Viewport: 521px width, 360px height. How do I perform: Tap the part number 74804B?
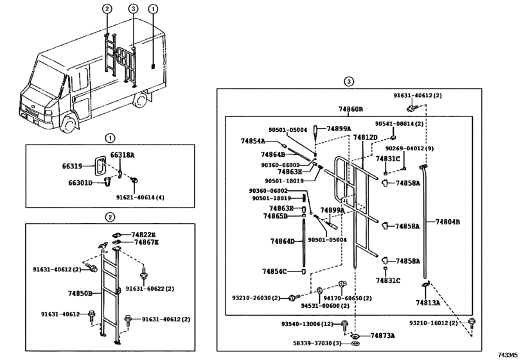[448, 222]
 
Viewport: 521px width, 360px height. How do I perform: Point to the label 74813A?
[426, 301]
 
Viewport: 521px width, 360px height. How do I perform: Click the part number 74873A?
[382, 336]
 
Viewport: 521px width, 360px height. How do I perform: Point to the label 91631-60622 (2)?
[150, 289]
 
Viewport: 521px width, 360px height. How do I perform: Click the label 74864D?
[282, 241]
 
